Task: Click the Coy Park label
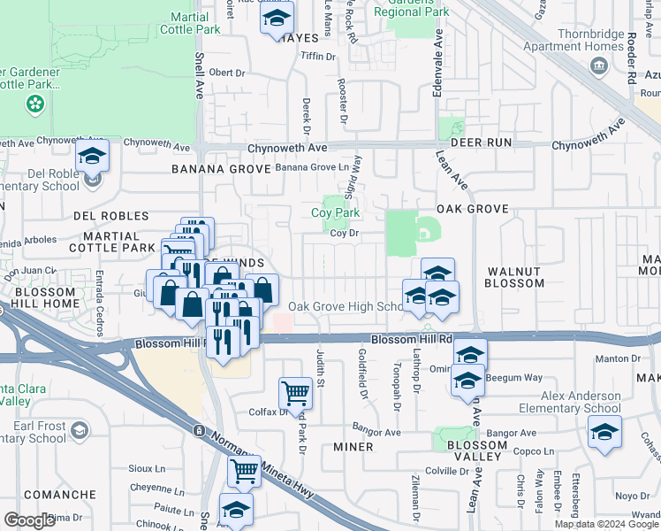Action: click(335, 212)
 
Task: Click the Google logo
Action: click(29, 519)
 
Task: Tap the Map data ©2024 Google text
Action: click(607, 524)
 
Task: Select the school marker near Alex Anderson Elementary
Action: click(604, 432)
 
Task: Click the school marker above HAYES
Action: click(277, 19)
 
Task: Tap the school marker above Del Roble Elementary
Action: click(92, 157)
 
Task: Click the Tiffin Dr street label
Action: click(319, 57)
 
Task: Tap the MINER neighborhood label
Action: click(353, 447)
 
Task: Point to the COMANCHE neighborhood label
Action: click(60, 495)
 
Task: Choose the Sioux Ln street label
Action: click(148, 468)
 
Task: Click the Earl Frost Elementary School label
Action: click(34, 432)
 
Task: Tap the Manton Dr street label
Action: click(636, 358)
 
